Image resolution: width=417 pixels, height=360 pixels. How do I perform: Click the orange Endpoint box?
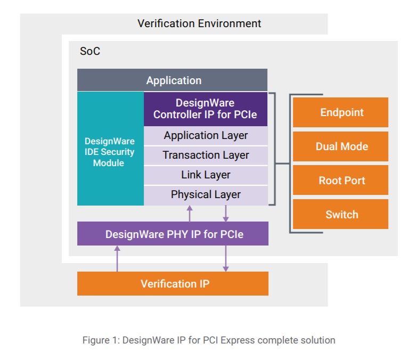[x=341, y=112]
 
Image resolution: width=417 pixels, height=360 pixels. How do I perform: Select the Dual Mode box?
[x=341, y=146]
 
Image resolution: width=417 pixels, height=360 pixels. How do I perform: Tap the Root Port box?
[x=341, y=181]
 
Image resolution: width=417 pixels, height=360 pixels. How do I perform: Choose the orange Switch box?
[x=341, y=215]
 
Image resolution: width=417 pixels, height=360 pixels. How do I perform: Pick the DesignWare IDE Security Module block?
[x=110, y=152]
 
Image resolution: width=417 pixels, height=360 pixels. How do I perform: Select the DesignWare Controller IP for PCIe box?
[x=205, y=109]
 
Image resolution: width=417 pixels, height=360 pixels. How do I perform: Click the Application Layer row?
[x=205, y=135]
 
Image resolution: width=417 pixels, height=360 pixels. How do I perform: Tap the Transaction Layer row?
[x=205, y=155]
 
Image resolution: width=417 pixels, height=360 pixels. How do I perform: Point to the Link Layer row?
[x=205, y=175]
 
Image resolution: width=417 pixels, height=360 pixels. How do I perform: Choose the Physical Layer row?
[x=205, y=195]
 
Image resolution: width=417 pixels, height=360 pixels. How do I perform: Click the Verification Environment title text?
[x=199, y=23]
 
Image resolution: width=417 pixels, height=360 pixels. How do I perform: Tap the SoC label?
[x=89, y=52]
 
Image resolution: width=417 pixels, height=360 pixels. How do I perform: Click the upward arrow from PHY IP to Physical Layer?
[x=190, y=214]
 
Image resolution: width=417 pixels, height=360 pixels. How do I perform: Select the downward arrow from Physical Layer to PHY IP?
[x=226, y=214]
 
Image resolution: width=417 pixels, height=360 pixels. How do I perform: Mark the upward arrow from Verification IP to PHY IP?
[x=117, y=259]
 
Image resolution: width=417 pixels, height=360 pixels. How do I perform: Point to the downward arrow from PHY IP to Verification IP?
[x=226, y=259]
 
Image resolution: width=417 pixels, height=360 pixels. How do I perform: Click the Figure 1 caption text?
[x=209, y=340]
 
